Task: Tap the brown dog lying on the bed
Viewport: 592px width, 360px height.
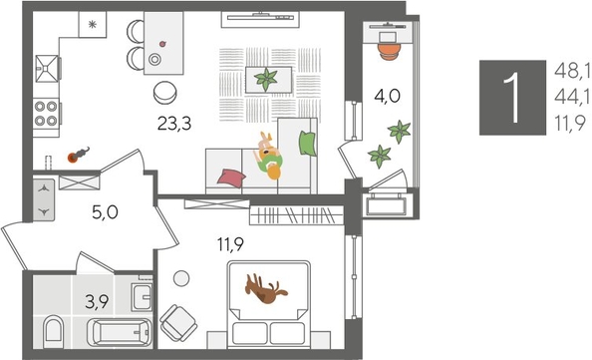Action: [x=266, y=289]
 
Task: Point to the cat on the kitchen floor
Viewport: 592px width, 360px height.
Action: [x=78, y=155]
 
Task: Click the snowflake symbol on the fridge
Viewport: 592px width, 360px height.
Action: [x=92, y=25]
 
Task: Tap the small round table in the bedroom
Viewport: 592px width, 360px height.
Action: [x=181, y=280]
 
